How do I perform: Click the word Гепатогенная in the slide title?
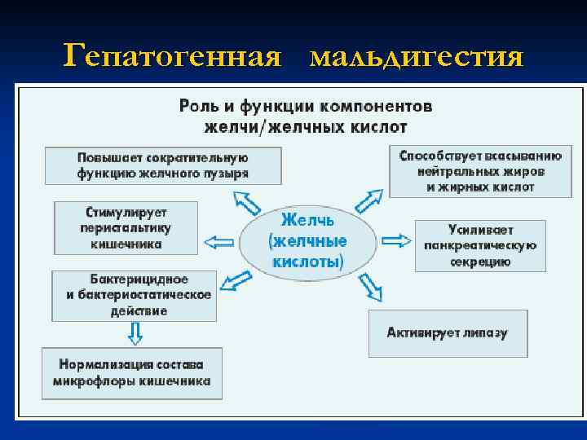pos(172,56)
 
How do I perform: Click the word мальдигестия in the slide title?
pos(417,56)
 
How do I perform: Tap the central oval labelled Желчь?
pos(307,241)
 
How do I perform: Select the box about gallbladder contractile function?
pos(163,165)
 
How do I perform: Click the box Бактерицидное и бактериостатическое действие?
pos(134,296)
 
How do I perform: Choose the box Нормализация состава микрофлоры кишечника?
pos(130,372)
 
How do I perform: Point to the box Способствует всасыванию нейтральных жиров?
pos(480,170)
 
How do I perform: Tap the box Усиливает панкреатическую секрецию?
pos(479,245)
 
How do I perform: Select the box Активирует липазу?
pos(447,332)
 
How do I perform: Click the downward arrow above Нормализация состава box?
pos(135,333)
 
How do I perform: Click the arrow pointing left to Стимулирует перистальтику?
pos(218,240)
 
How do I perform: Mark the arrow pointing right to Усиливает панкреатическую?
pos(397,240)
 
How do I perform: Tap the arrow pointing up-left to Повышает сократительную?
pos(244,200)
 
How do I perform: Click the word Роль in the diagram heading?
pos(196,106)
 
